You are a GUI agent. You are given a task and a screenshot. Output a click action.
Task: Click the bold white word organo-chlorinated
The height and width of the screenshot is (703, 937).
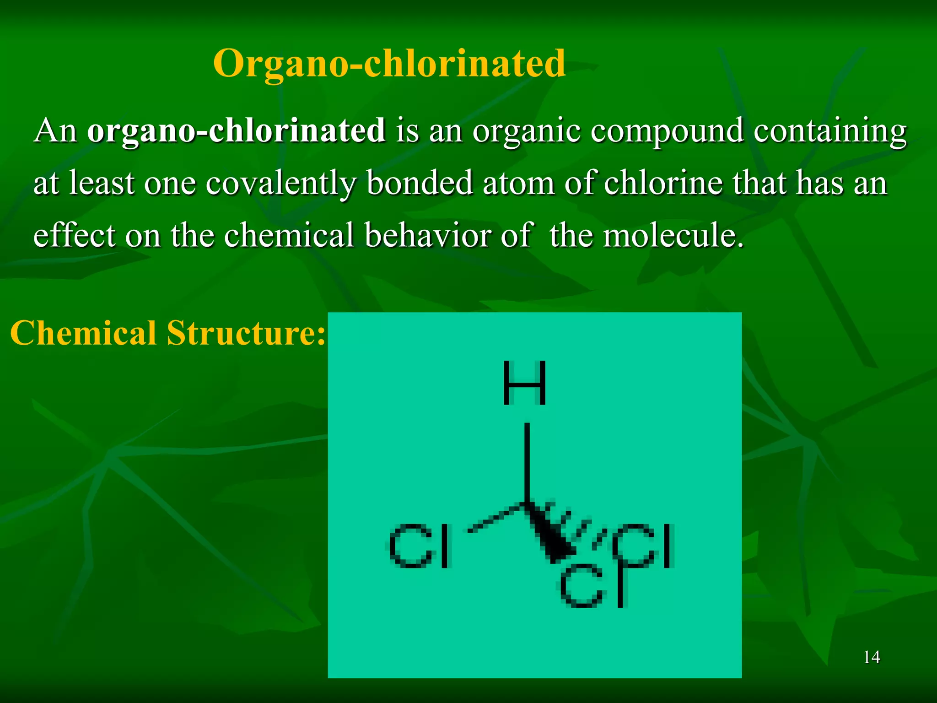236,130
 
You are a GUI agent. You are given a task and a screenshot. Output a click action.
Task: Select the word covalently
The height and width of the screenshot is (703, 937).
280,184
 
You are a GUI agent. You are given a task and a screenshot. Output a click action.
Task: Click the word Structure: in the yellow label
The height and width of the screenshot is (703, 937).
246,333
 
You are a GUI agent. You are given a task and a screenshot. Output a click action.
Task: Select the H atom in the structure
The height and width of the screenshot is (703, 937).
524,383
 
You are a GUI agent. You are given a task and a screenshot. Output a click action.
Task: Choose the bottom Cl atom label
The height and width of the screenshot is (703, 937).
592,585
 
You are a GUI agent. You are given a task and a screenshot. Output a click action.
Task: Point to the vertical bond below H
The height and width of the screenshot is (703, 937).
527,462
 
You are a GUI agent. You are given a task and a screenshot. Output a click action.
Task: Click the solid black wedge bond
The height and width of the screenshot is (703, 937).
547,533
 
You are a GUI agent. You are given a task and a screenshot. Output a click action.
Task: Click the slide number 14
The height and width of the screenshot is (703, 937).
872,657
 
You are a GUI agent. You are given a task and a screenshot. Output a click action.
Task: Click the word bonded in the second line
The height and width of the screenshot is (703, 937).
420,183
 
